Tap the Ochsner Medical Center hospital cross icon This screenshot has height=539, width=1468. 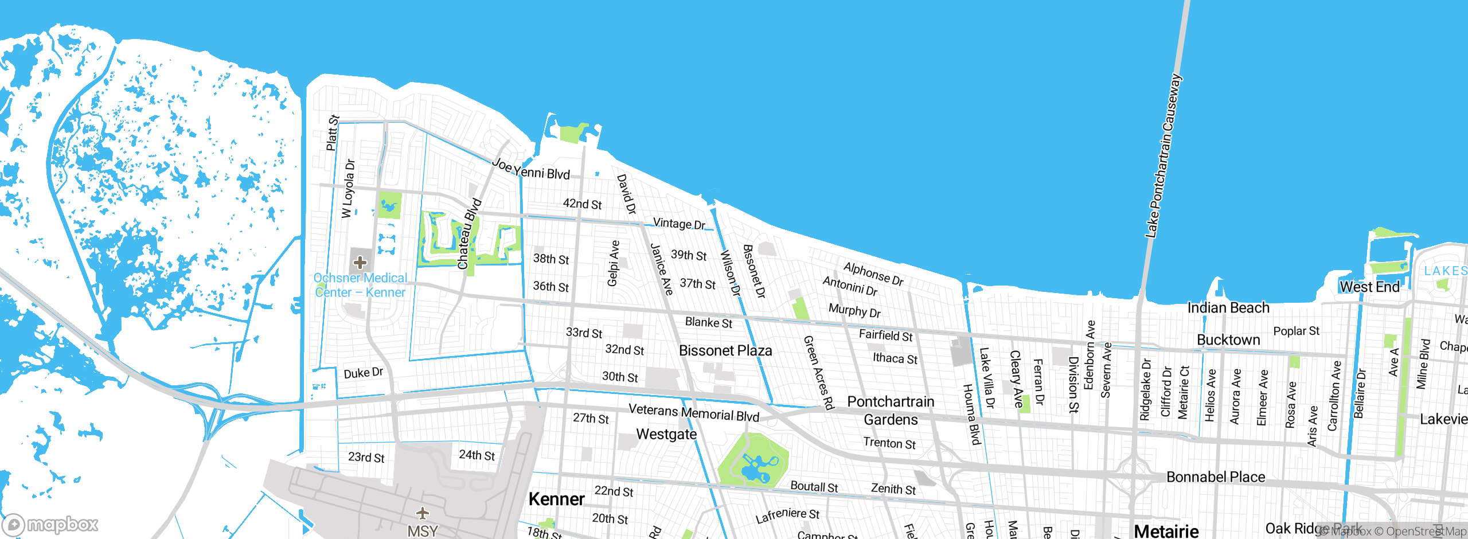click(x=360, y=263)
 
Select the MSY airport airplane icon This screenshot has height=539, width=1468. click(x=423, y=513)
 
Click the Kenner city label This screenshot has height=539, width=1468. click(x=556, y=499)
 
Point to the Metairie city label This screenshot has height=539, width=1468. click(x=1166, y=531)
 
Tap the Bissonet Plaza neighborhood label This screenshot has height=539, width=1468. click(x=725, y=350)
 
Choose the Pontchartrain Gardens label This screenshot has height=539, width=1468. click(x=891, y=411)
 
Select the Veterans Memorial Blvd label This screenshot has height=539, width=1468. click(x=694, y=412)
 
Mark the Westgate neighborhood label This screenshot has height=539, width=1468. click(x=666, y=434)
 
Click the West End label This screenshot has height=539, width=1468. click(x=1369, y=287)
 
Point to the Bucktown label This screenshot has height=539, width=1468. click(x=1228, y=340)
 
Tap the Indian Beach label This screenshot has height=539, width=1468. click(x=1228, y=308)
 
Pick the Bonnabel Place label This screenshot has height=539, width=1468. click(x=1216, y=477)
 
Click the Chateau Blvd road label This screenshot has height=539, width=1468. click(x=468, y=234)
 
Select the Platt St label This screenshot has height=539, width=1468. click(x=333, y=133)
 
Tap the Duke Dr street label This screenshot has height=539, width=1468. click(x=363, y=373)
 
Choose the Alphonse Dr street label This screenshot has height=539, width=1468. click(x=873, y=274)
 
